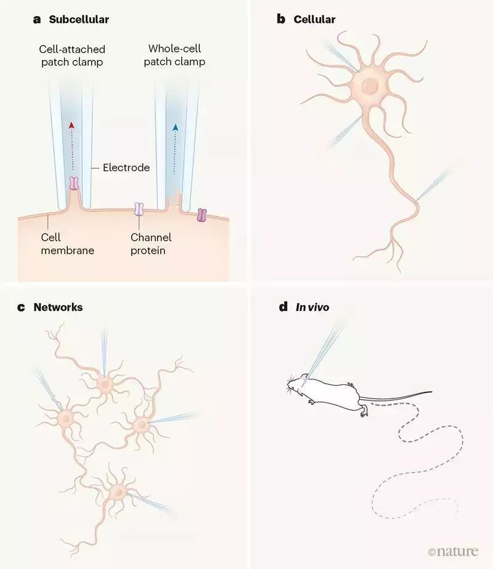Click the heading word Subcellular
[x=79, y=19]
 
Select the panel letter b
[x=280, y=19]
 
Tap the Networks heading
[x=58, y=307]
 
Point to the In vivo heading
[x=312, y=307]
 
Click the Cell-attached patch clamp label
[x=72, y=55]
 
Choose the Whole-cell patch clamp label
[x=174, y=55]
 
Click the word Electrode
[x=126, y=167]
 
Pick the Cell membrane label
[x=68, y=244]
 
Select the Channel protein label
[x=150, y=244]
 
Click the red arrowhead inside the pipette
[x=71, y=126]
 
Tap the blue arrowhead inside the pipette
[x=176, y=127]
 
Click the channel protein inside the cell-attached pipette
[x=74, y=184]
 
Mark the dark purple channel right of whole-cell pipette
[x=202, y=215]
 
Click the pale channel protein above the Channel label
[x=139, y=209]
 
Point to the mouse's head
[x=297, y=384]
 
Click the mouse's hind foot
[x=364, y=411]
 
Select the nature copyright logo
[x=453, y=552]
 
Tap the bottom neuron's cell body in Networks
[x=117, y=492]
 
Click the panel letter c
[x=22, y=307]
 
